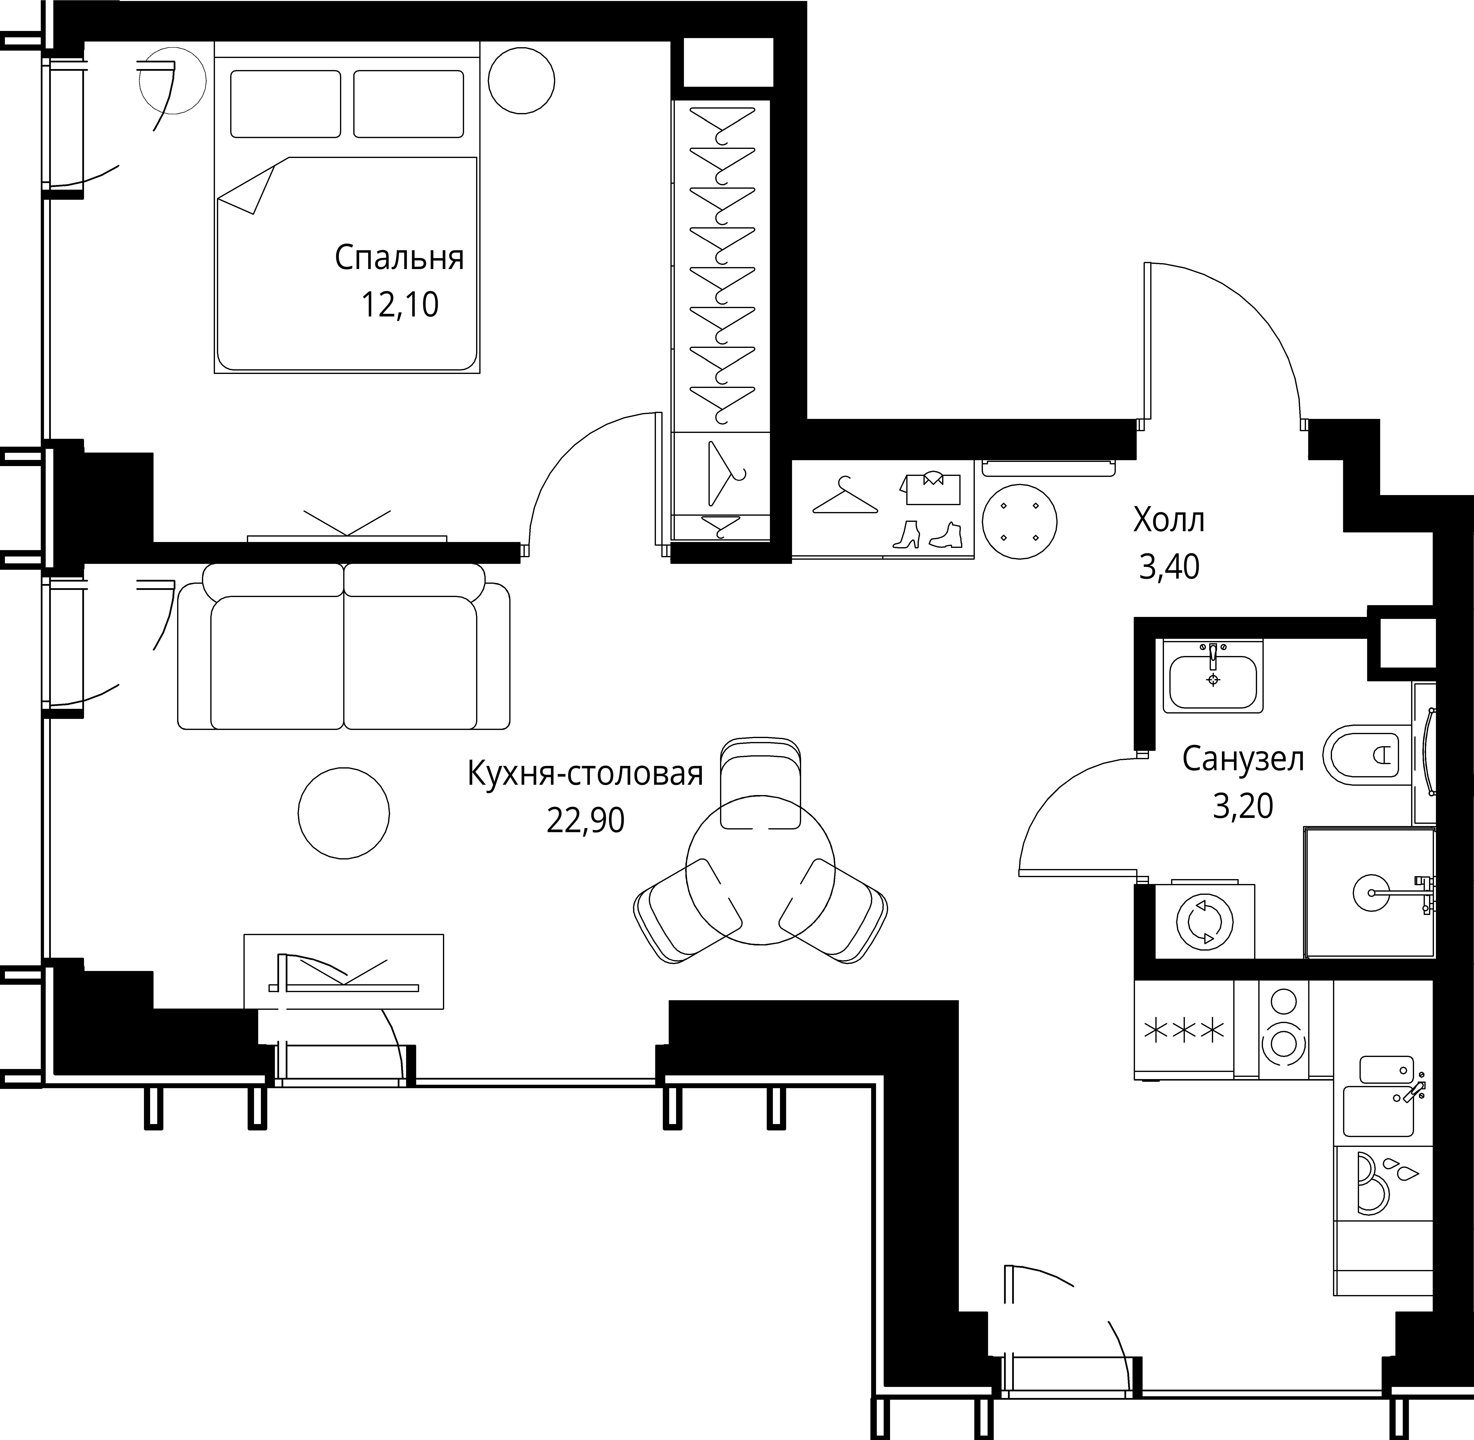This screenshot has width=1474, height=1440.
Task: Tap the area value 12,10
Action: tap(399, 305)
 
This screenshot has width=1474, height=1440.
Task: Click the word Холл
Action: tap(1168, 520)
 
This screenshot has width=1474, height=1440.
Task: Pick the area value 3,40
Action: tap(1168, 567)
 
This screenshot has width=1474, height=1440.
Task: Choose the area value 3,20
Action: tap(1243, 806)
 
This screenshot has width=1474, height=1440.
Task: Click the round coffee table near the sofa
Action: tap(344, 813)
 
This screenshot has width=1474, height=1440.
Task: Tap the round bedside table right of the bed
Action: tap(521, 80)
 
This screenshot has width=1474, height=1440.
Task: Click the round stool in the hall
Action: tap(1020, 522)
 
